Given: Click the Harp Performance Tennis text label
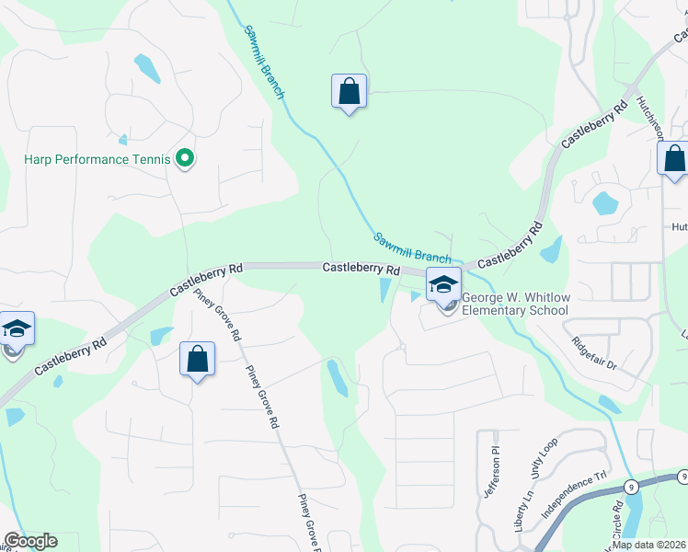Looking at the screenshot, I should [97, 159].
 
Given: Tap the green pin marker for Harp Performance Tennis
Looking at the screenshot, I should [185, 159].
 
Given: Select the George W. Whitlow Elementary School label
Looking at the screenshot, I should [514, 305].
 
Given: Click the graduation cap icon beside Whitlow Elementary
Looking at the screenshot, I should [443, 285].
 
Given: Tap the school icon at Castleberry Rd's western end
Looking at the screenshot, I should [17, 328].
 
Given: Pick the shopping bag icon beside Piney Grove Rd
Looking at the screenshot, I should [198, 360].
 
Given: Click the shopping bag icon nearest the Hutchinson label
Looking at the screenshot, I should [674, 158].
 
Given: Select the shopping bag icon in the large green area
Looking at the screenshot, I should [349, 92].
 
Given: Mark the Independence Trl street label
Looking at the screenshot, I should [576, 495].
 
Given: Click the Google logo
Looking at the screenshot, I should [30, 541].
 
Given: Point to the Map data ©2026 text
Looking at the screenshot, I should [649, 545].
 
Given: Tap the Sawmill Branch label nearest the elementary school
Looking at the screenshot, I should [412, 247].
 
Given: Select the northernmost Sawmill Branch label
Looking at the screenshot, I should [265, 61].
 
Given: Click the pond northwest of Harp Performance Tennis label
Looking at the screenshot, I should [146, 67].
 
